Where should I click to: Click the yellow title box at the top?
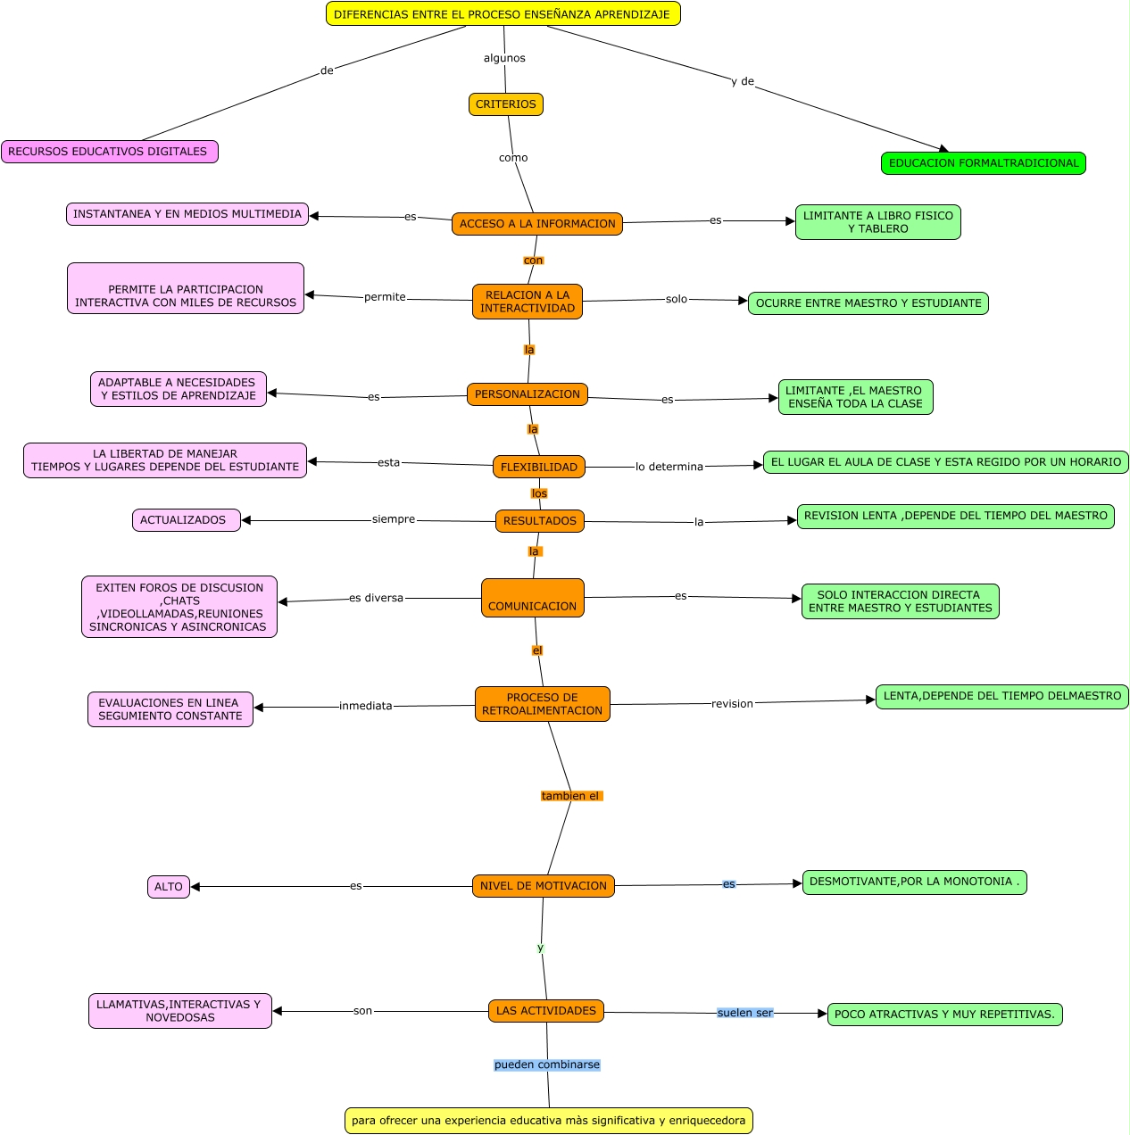point(503,14)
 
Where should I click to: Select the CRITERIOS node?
point(505,104)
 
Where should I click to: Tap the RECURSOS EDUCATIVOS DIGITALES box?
point(109,152)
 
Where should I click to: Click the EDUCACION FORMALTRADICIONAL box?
point(983,163)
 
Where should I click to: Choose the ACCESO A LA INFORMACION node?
point(536,224)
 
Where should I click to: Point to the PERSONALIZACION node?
point(527,394)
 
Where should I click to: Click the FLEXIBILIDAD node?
point(538,467)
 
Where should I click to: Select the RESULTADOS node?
point(539,521)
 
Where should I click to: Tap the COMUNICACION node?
point(532,598)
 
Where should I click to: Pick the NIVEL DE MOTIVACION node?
point(543,886)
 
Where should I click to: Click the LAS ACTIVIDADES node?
point(545,1011)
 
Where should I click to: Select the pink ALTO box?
point(168,887)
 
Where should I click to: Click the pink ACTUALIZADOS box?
point(186,520)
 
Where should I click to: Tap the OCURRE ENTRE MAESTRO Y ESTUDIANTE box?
point(868,303)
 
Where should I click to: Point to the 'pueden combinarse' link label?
point(546,1065)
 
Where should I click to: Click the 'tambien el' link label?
point(570,796)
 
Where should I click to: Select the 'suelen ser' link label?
point(744,1013)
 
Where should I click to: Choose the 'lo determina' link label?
point(669,467)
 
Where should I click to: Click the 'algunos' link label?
point(504,58)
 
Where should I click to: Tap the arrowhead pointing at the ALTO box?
point(195,887)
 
